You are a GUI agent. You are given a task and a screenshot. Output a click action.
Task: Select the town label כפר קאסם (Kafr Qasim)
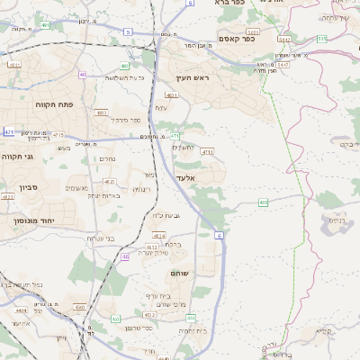[x=237, y=39]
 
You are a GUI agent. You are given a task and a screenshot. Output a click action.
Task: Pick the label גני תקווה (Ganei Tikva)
[x=17, y=157]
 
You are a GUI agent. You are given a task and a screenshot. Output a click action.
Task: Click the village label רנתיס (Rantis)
[x=337, y=220]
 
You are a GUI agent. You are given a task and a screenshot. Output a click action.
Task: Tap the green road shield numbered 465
[x=263, y=203]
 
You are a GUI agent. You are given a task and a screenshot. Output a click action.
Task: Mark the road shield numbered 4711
[x=207, y=152]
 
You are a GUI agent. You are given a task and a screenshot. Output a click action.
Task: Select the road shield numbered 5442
[x=284, y=40]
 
